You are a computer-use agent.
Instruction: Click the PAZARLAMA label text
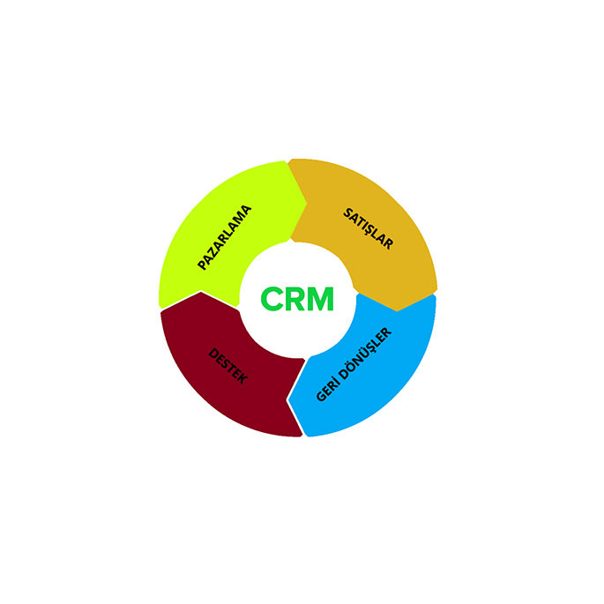[225, 238]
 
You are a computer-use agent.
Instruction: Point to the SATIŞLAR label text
[369, 228]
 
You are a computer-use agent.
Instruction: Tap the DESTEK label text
[228, 366]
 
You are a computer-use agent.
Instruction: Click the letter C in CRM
[272, 299]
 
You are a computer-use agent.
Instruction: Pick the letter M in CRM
[321, 299]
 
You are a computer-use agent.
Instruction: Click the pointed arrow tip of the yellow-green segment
[307, 204]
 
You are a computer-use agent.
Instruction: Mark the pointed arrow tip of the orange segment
[398, 310]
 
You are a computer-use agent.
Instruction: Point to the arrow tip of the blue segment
[288, 400]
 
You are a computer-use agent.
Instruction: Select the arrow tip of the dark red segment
[201, 292]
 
